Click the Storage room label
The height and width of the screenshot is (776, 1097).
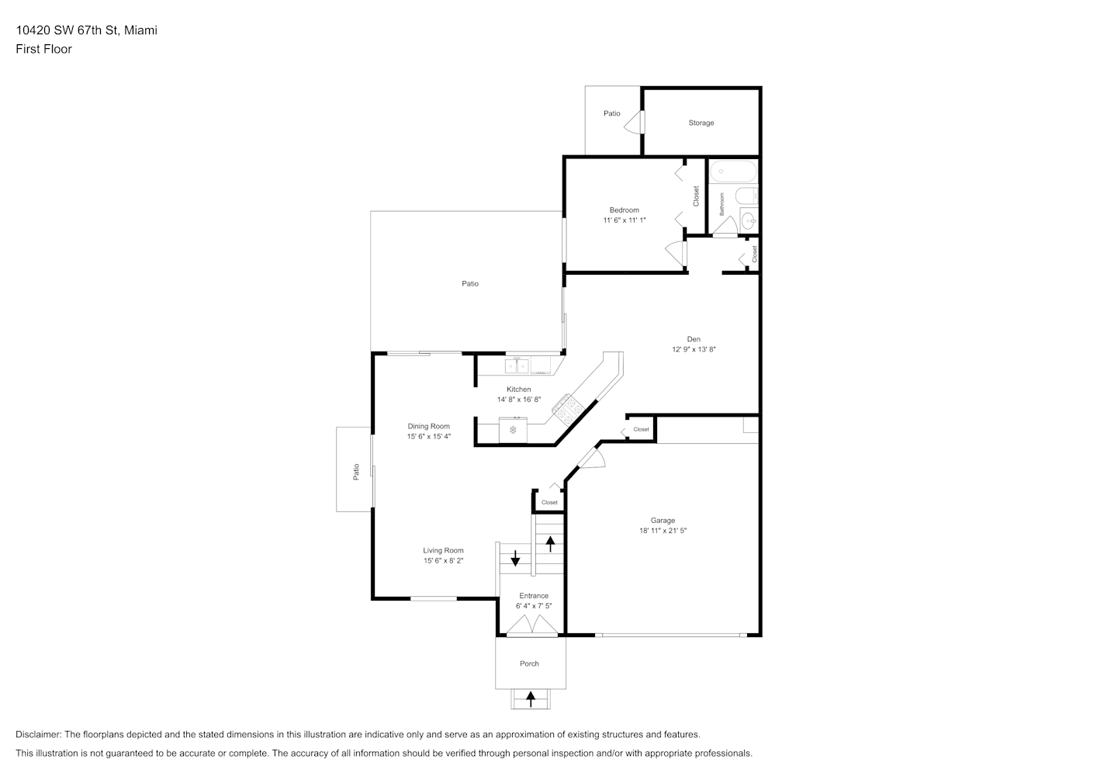point(701,123)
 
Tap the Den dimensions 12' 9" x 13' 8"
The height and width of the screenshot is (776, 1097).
point(694,349)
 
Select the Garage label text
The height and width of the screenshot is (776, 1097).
point(663,520)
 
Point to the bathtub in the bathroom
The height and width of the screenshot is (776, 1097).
point(733,172)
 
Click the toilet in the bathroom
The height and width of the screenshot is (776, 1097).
point(746,196)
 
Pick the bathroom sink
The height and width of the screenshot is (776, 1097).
point(749,221)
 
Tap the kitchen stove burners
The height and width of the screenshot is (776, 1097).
point(569,410)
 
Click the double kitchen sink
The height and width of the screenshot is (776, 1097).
point(517,366)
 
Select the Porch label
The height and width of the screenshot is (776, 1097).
point(529,663)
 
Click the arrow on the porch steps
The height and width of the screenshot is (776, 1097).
point(531,699)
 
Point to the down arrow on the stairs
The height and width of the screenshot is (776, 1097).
point(515,559)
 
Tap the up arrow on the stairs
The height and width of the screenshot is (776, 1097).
point(551,544)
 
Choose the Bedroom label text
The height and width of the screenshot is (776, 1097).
point(624,210)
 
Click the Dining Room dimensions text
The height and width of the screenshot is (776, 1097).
point(428,436)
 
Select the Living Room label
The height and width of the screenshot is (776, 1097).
point(443,551)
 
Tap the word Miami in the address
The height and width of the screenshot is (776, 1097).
point(140,30)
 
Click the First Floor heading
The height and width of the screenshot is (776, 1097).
point(43,49)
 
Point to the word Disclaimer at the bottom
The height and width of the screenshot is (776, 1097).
point(39,734)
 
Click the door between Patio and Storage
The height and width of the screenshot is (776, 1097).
point(635,122)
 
